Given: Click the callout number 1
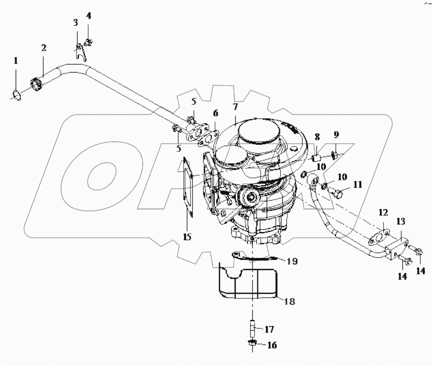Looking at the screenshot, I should (x=16, y=60).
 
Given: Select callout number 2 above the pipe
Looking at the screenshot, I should (x=43, y=48).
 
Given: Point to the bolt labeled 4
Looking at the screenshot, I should (x=89, y=43).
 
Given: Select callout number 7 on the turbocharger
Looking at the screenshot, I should (x=234, y=107).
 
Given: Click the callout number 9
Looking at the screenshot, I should (x=336, y=134).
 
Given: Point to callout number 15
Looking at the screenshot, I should (x=187, y=236).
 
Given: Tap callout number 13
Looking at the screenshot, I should (x=400, y=221).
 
